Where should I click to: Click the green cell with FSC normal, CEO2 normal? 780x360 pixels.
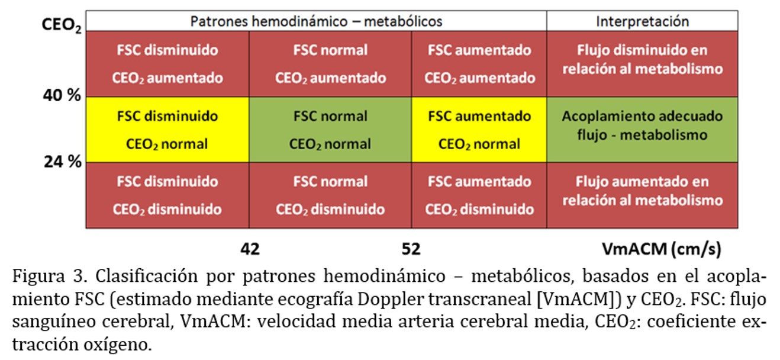point(330,130)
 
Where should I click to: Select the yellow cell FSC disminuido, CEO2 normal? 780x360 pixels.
point(167,130)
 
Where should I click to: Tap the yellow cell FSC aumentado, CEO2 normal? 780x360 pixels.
point(479,130)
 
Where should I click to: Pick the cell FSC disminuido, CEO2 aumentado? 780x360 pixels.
point(167,64)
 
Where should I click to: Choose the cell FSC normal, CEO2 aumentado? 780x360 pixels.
point(330,64)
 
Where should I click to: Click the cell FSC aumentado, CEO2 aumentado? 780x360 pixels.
point(479,64)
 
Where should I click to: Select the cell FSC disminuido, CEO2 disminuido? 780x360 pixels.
point(167,195)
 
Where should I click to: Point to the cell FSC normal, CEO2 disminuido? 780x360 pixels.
point(330,195)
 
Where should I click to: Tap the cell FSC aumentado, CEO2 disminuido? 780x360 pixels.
point(479,195)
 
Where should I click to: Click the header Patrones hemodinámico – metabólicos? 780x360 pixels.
point(316,21)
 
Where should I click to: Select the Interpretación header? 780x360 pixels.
point(642,21)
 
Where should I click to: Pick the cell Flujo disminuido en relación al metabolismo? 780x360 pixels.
point(642,60)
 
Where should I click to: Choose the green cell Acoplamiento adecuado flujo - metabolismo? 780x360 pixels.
point(642,125)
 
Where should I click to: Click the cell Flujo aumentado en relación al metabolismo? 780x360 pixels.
point(642,191)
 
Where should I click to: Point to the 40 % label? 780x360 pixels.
point(62,96)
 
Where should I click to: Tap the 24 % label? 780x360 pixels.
point(62,162)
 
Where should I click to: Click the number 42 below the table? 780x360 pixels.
point(250,249)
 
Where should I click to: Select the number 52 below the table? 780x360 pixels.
point(411,249)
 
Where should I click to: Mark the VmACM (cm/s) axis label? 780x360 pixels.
point(661,249)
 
